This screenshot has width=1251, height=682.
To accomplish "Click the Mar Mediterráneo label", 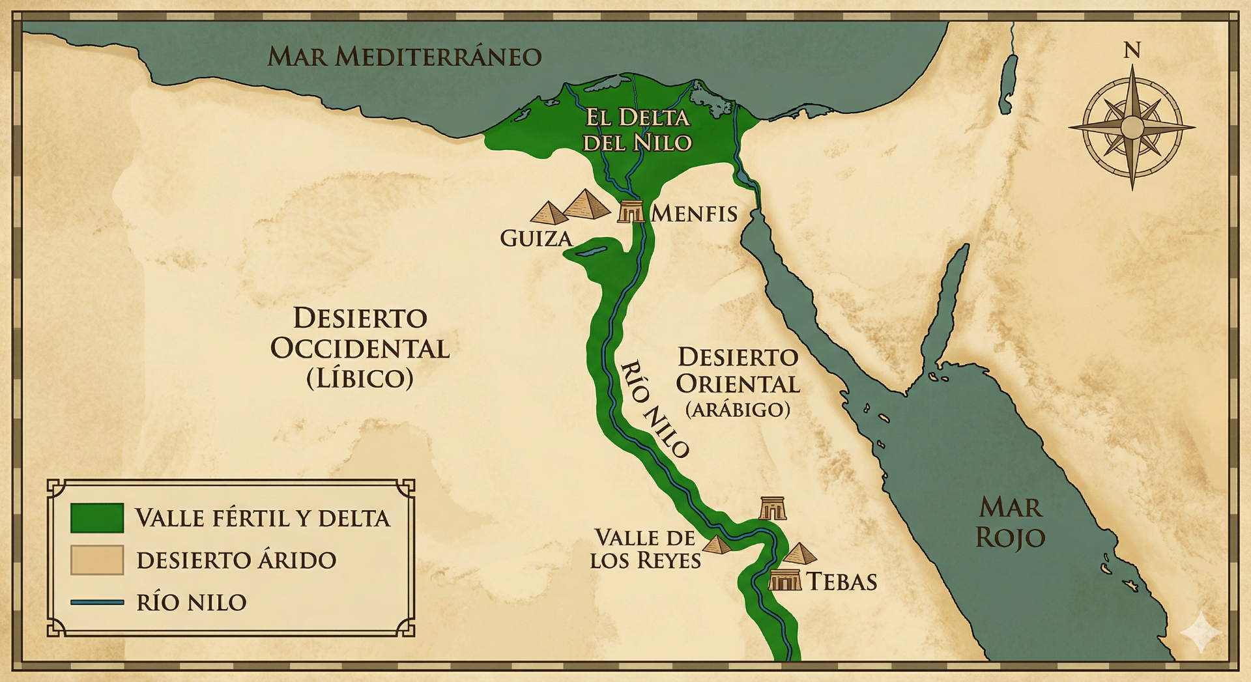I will [404, 57].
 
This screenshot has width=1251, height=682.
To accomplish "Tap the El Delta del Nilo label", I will [637, 130].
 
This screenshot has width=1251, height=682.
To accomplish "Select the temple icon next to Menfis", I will [631, 212].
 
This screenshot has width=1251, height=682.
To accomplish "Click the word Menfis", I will [694, 214].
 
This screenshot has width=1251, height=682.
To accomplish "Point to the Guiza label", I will [536, 238].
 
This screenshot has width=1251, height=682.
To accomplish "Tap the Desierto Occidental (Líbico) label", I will [360, 348].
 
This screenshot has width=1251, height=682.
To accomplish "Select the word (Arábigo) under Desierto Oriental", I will [738, 410].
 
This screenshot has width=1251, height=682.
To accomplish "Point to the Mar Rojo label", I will [1010, 522].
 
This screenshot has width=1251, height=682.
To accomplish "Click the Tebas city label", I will [842, 582].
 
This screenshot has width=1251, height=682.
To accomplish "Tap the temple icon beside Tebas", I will [784, 579].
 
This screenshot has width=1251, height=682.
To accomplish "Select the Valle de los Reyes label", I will [645, 548].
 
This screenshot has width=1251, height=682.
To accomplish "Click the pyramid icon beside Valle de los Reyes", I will [717, 545].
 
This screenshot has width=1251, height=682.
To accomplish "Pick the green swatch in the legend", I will [97, 518].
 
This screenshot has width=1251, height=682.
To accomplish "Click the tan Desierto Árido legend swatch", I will [97, 560].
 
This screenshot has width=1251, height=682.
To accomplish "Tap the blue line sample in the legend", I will [97, 603].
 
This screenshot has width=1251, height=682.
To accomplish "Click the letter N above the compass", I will [1132, 50].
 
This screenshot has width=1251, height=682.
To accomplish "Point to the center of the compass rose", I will [1132, 127].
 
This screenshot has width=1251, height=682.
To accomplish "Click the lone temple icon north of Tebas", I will [773, 508].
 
